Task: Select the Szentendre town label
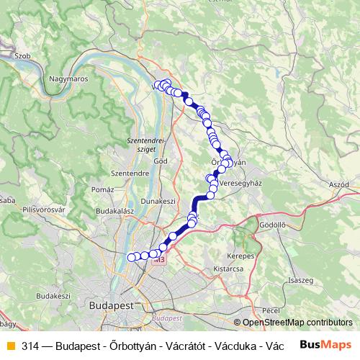[130, 174]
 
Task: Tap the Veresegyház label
[240, 184]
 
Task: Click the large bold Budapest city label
[112, 305]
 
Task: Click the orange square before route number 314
[9, 344]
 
